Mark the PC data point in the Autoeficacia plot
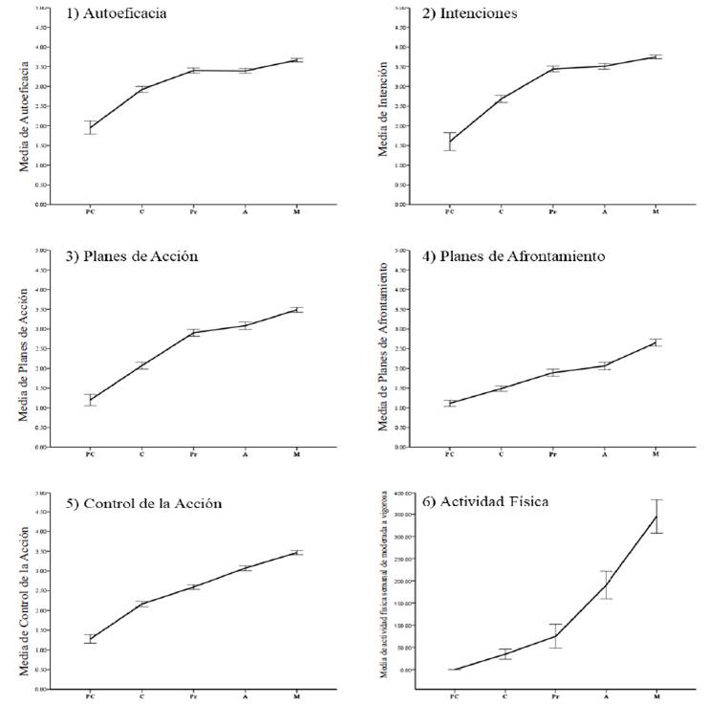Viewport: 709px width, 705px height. (x=91, y=127)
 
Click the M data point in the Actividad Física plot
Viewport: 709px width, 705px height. (x=655, y=517)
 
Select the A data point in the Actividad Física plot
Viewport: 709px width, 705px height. (x=605, y=584)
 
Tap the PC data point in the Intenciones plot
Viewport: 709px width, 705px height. (x=449, y=142)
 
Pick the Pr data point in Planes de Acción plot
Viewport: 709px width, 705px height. (x=194, y=333)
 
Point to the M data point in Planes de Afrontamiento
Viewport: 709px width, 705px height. (x=655, y=341)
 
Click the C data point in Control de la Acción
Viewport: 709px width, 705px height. (x=142, y=604)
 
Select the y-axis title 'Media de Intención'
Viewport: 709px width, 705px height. (x=383, y=110)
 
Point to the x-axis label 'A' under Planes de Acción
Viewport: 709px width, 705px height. (x=246, y=452)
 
